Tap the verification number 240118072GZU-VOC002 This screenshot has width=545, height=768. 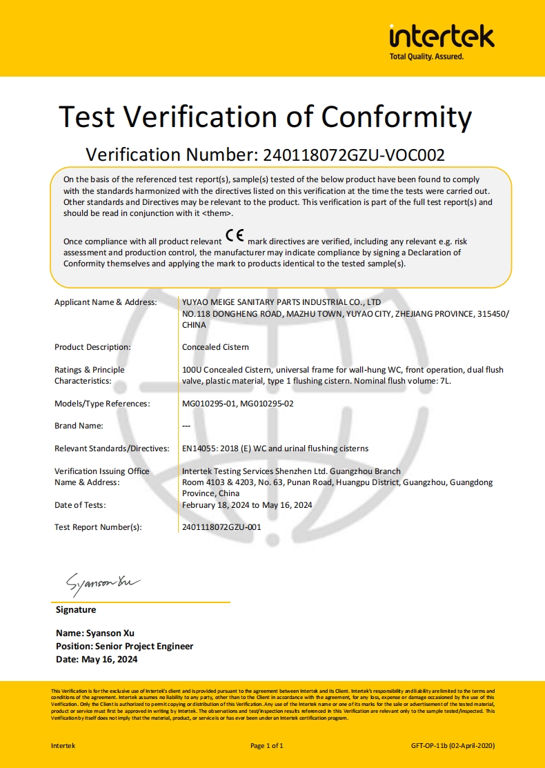(351, 155)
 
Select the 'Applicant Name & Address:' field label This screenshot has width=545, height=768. (106, 302)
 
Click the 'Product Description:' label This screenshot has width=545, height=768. (92, 347)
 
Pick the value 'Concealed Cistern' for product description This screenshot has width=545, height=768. (215, 347)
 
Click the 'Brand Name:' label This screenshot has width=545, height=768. (79, 426)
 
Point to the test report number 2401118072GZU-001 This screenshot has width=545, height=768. (221, 527)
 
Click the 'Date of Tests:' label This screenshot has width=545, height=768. (80, 505)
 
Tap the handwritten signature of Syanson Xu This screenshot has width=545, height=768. (103, 584)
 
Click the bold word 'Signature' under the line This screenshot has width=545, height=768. (76, 610)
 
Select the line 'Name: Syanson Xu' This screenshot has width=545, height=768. (95, 633)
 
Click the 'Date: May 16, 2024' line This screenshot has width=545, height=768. (97, 660)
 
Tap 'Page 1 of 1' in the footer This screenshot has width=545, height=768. (267, 745)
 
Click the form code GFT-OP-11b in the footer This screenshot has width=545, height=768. (428, 745)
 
